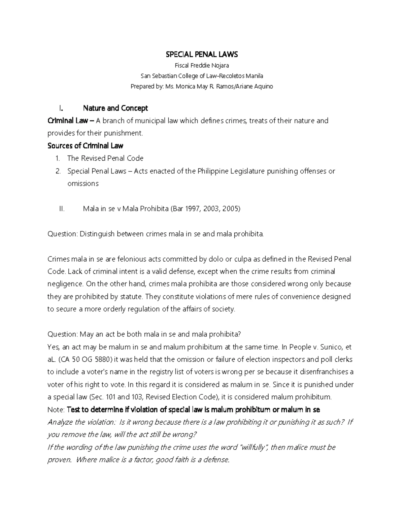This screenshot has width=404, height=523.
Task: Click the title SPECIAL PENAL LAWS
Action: (202, 54)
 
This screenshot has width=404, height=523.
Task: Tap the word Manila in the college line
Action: (255, 76)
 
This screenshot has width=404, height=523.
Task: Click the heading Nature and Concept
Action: (115, 108)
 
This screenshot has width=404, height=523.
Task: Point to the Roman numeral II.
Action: (62, 209)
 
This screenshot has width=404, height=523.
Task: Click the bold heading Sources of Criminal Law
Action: (85, 146)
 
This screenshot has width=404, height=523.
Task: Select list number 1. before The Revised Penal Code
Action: (58, 158)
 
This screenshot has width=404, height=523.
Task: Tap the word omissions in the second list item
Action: (83, 184)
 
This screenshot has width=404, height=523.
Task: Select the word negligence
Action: (65, 284)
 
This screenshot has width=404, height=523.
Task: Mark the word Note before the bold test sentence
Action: (56, 410)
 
